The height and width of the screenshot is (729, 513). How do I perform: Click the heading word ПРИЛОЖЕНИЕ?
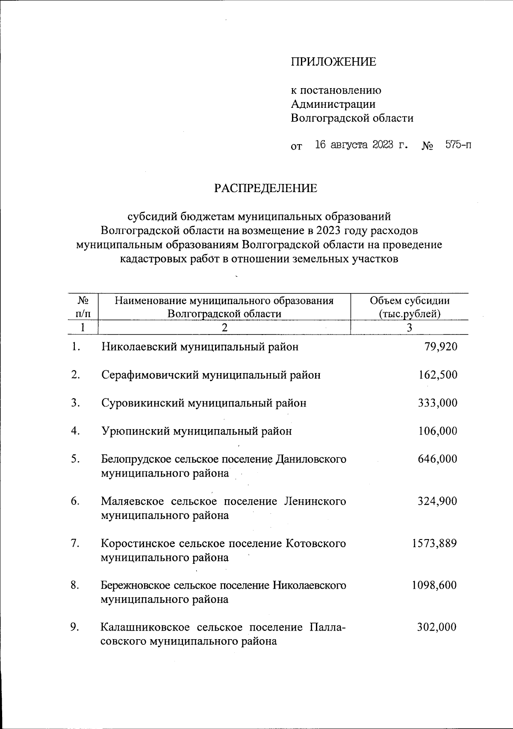pyautogui.click(x=333, y=62)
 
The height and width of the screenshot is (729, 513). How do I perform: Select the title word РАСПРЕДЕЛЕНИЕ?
pyautogui.click(x=266, y=188)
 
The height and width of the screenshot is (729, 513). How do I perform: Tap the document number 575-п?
pyautogui.click(x=459, y=145)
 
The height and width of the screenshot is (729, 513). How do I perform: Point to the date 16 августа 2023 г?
pyautogui.click(x=361, y=145)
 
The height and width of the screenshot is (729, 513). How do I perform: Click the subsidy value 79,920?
pyautogui.click(x=441, y=347)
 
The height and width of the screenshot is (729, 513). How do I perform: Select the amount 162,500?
pyautogui.click(x=438, y=375)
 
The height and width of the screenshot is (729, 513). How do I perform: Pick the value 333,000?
pyautogui.click(x=438, y=403)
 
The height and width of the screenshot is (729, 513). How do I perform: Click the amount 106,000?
pyautogui.click(x=438, y=431)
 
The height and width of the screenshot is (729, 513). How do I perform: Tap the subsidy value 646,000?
pyautogui.click(x=438, y=459)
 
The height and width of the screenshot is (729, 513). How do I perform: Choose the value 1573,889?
pyautogui.click(x=434, y=543)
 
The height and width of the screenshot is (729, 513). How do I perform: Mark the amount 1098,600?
pyautogui.click(x=434, y=585)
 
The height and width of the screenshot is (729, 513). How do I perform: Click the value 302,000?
pyautogui.click(x=437, y=627)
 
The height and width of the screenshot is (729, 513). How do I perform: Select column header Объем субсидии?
pyautogui.click(x=410, y=301)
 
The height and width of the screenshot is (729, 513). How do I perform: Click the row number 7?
pyautogui.click(x=75, y=543)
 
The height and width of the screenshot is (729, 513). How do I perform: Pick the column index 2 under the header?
pyautogui.click(x=224, y=328)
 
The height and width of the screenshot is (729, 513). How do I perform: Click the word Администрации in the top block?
pyautogui.click(x=333, y=104)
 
